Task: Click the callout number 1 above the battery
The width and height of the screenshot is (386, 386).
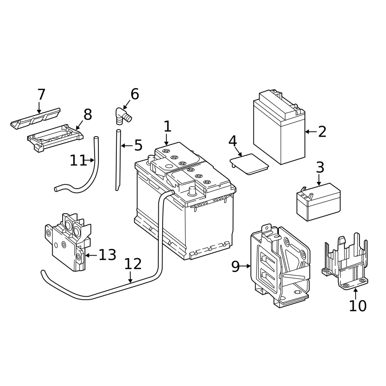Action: click(x=167, y=127)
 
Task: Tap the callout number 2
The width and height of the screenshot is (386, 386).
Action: click(x=322, y=131)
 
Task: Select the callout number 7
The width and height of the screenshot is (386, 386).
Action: click(x=41, y=95)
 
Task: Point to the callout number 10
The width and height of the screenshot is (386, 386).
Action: click(x=358, y=305)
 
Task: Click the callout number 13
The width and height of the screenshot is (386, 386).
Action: click(x=107, y=255)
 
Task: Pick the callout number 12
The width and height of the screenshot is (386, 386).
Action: click(x=133, y=264)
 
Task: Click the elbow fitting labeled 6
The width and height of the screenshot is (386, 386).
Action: click(x=121, y=116)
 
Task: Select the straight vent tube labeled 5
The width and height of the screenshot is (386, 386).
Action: click(x=118, y=159)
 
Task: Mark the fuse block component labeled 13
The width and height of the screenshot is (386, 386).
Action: click(x=68, y=241)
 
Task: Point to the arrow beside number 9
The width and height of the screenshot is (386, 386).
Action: click(x=246, y=266)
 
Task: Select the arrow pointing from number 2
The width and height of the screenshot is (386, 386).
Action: click(x=310, y=131)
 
